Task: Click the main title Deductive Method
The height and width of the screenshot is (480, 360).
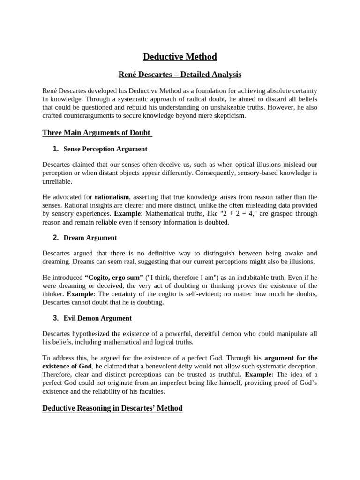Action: coord(180,57)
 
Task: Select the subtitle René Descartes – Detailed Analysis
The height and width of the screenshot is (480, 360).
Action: coord(180,74)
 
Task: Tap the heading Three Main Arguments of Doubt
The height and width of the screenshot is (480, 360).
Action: coord(97,133)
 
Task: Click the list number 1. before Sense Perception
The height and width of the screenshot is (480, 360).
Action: coord(56,149)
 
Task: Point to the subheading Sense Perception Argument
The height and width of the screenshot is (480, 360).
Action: coord(105,149)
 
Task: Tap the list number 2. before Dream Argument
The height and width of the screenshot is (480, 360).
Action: coord(56,238)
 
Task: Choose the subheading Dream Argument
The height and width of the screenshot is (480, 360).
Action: coord(90,238)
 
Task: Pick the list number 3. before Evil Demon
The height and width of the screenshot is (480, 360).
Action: coord(56,318)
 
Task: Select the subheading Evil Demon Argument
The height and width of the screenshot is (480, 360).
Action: coord(97,318)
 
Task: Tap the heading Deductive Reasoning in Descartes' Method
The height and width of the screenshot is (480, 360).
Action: coord(112,408)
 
